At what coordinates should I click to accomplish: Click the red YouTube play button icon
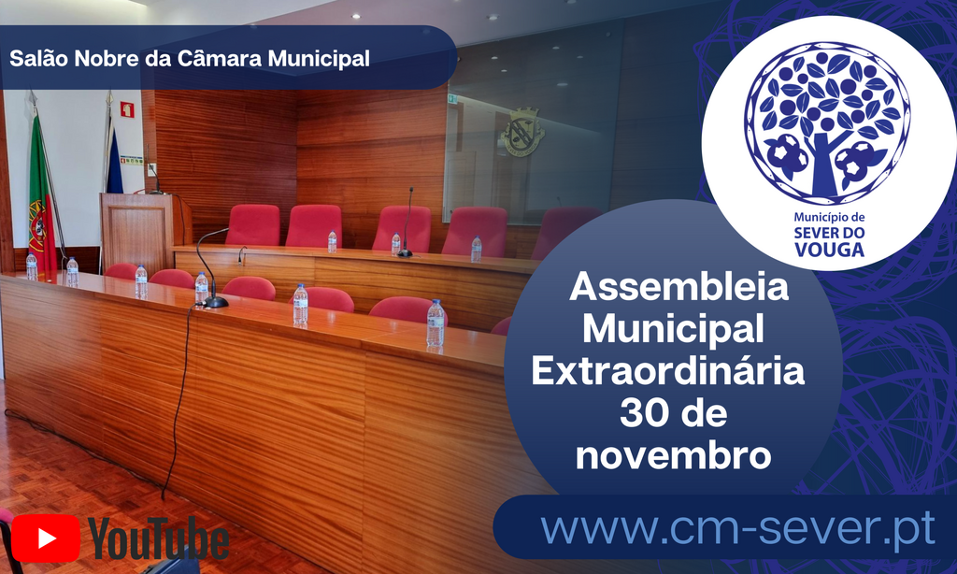(46, 538)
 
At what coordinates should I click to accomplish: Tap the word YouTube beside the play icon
(159, 539)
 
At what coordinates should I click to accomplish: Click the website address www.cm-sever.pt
(737, 529)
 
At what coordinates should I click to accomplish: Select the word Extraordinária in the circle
(668, 370)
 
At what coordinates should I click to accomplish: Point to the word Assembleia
(679, 287)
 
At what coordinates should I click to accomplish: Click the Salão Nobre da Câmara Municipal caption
(190, 58)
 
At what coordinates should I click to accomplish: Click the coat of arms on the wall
(521, 133)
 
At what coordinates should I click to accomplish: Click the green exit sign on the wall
(452, 98)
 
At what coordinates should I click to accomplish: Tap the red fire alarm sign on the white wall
(127, 109)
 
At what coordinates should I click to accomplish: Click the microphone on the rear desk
(406, 224)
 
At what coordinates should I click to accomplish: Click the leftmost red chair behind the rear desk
(252, 224)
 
